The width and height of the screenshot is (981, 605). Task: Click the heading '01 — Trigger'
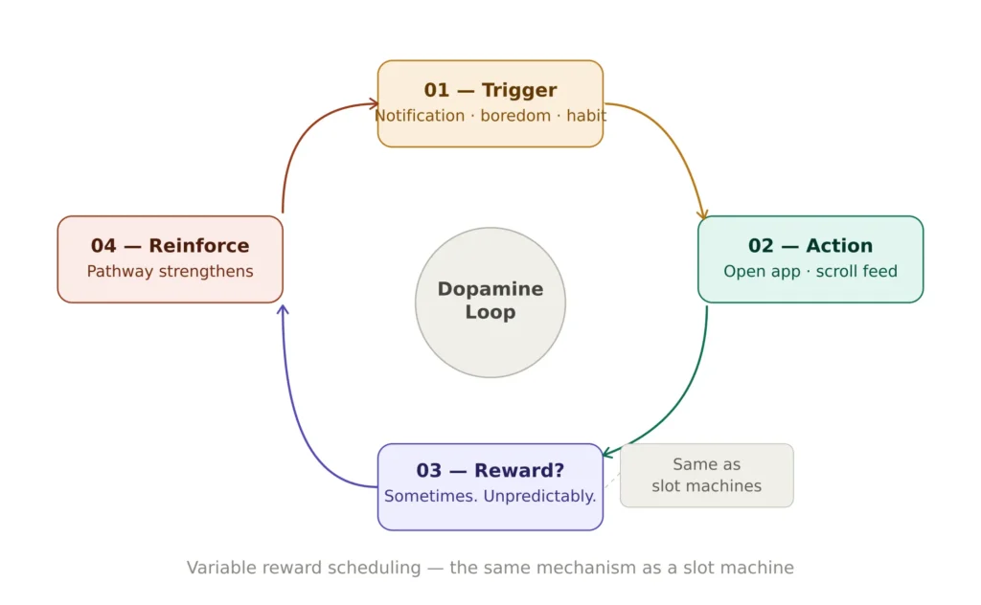pyautogui.click(x=490, y=90)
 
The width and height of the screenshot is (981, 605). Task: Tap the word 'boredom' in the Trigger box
pyautogui.click(x=516, y=116)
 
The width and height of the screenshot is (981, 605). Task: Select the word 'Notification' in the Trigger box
pyautogui.click(x=420, y=116)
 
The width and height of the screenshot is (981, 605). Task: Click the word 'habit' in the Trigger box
pyautogui.click(x=586, y=116)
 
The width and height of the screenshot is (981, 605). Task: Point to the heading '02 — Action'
pyautogui.click(x=810, y=246)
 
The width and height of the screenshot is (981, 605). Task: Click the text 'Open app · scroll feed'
pyautogui.click(x=810, y=271)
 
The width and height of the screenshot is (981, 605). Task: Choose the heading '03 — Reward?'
pyautogui.click(x=490, y=471)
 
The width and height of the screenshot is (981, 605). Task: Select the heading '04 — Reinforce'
pyautogui.click(x=170, y=246)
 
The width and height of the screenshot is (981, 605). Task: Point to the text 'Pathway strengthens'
pyautogui.click(x=170, y=271)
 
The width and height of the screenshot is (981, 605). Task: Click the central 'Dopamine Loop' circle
pyautogui.click(x=490, y=302)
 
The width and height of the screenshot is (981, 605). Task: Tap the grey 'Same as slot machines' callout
pyautogui.click(x=707, y=475)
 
